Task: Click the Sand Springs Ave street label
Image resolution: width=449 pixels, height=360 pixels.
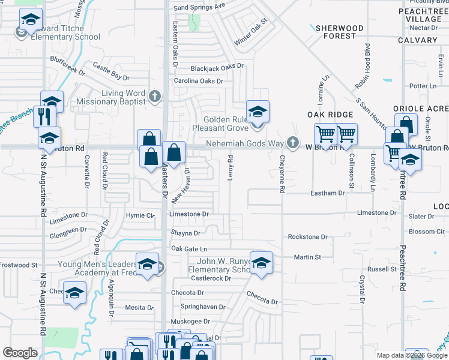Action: pyautogui.click(x=199, y=7)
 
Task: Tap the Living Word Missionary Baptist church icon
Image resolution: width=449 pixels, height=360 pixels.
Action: pyautogui.click(x=155, y=97)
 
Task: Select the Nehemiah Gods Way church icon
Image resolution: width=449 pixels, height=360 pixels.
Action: pyautogui.click(x=292, y=143)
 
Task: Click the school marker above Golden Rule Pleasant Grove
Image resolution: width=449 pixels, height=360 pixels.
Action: pyautogui.click(x=258, y=112)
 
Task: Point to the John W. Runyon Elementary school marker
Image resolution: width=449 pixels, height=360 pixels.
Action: pyautogui.click(x=261, y=263)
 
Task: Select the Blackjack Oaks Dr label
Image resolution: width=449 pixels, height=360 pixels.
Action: pyautogui.click(x=217, y=67)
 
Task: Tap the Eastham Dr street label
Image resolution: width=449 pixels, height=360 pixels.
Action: pyautogui.click(x=328, y=193)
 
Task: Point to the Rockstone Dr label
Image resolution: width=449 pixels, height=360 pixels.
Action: pyautogui.click(x=307, y=237)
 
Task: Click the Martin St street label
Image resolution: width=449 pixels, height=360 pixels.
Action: pyautogui.click(x=307, y=257)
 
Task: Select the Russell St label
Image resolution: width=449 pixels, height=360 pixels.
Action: pyautogui.click(x=382, y=269)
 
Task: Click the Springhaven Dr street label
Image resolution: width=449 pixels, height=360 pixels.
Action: pyautogui.click(x=203, y=307)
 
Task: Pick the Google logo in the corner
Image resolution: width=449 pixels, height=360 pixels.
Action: pyautogui.click(x=20, y=353)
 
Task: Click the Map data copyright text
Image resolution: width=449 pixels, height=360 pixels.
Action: pyautogui.click(x=412, y=355)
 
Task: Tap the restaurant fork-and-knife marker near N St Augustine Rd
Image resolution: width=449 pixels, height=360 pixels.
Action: pyautogui.click(x=43, y=116)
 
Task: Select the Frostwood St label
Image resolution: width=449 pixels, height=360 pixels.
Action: pyautogui.click(x=19, y=265)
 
